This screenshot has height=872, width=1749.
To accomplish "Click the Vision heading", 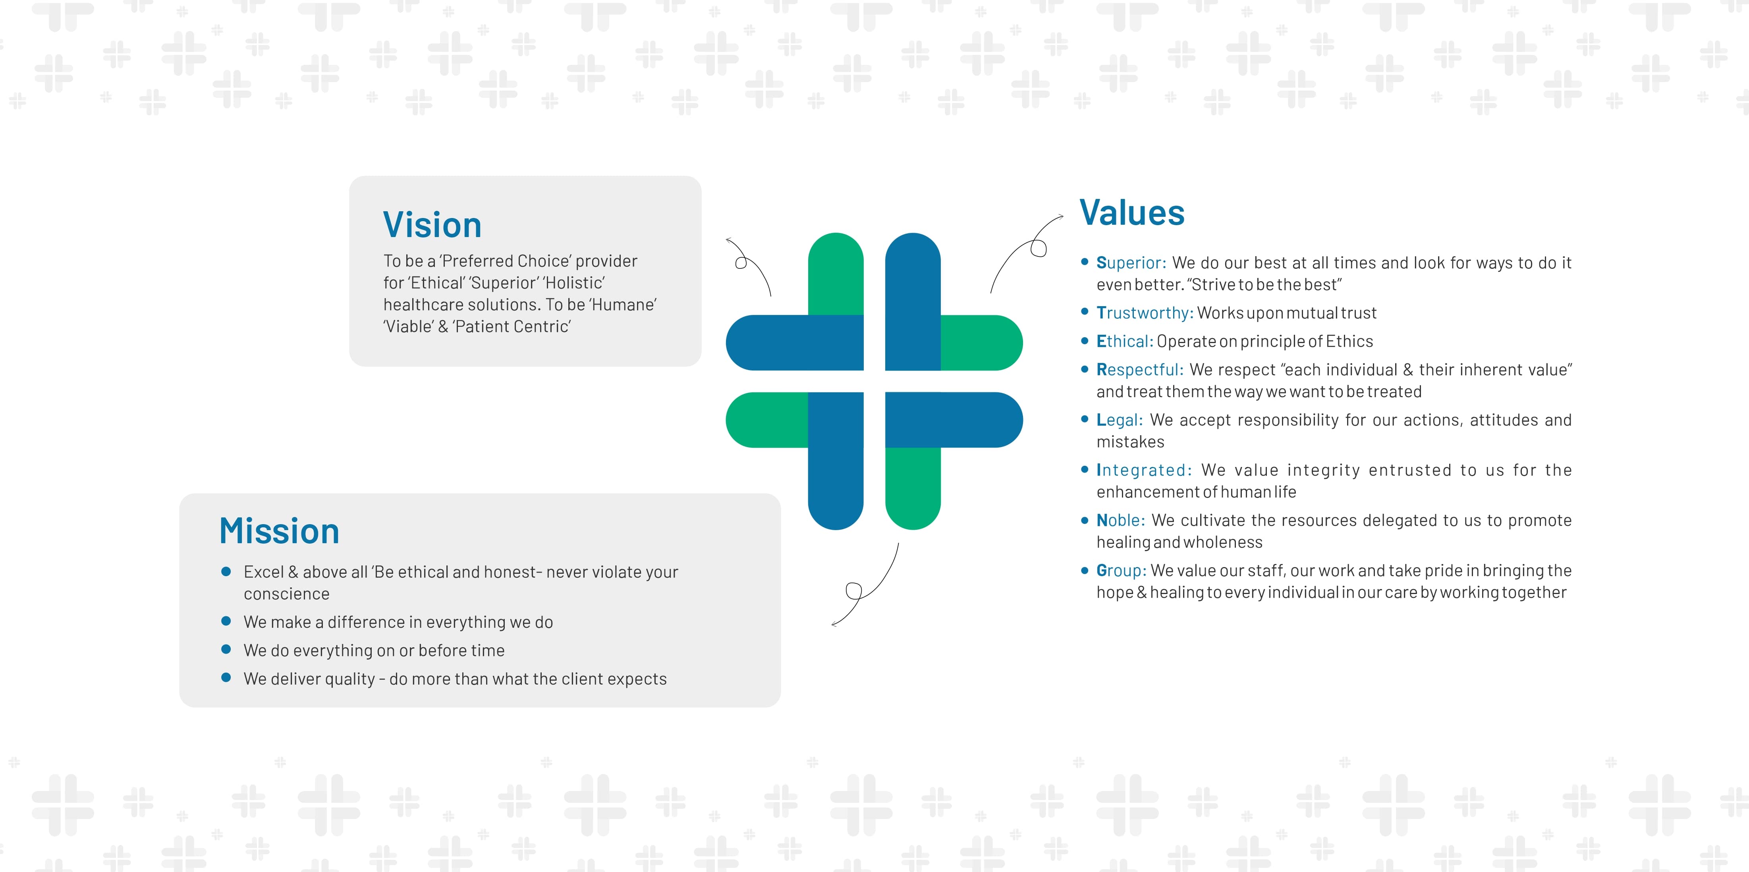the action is (x=432, y=225).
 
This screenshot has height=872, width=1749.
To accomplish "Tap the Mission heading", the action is (x=279, y=531).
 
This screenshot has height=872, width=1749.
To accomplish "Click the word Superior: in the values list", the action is (x=1131, y=263).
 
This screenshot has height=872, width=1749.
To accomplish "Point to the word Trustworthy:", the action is (x=1145, y=313).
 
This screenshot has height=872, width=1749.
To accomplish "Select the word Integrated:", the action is (x=1144, y=470).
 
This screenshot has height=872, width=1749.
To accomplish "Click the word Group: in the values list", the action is (x=1122, y=571).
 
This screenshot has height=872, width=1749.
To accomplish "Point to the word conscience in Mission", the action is (x=286, y=594).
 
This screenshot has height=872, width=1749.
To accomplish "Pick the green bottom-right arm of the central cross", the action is (x=913, y=488).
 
